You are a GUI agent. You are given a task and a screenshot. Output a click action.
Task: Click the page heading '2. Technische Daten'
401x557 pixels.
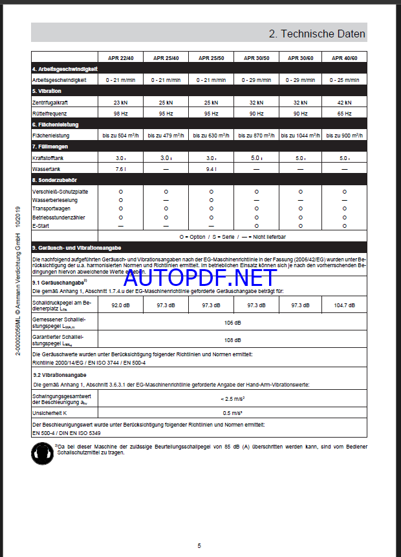coord(317,34)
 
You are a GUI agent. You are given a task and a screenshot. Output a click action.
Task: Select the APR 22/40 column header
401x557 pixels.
coord(120,57)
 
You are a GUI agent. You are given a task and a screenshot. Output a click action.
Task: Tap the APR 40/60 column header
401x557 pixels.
coord(344,57)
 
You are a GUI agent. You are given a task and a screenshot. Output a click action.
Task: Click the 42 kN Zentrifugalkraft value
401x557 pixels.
coord(344,102)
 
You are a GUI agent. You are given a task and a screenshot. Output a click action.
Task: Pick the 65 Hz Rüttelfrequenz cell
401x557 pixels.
coord(344,113)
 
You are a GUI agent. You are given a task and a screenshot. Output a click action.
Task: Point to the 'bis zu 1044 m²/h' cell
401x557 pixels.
coord(300,136)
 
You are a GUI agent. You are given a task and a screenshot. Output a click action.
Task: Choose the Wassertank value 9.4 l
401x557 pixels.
coord(211,169)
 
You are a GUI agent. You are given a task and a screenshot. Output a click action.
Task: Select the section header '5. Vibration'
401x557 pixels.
coord(47,91)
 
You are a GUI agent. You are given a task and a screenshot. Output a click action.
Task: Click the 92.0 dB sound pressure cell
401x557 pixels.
coord(120,305)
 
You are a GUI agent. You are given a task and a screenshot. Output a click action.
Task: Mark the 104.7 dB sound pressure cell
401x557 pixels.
coord(344,305)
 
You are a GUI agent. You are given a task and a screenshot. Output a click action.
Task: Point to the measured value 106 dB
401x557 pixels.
coord(232,322)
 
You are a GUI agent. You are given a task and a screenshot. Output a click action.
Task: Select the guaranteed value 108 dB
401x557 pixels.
coord(232,339)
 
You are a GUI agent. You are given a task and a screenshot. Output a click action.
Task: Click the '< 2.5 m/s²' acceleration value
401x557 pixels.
coord(232,399)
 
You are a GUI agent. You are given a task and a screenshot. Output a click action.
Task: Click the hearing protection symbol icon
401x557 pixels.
coord(43,453)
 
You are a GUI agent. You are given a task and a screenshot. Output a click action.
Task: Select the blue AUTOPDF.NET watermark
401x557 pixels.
coord(200,278)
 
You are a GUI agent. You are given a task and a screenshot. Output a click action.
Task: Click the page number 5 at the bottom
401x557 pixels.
coord(199,545)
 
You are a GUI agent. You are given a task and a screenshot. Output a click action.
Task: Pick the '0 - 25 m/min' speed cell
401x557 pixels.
coord(344,79)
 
